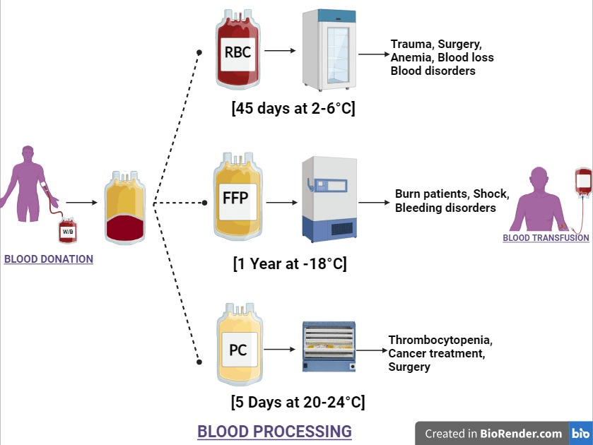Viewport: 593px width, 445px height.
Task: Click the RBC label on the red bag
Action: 237,52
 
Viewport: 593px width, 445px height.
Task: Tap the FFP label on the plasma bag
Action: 236,197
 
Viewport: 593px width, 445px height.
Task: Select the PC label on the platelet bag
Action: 238,349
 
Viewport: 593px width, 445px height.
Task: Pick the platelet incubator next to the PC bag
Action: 328,348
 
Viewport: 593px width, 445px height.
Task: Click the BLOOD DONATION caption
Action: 49,259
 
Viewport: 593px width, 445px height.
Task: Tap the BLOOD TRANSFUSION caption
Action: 546,238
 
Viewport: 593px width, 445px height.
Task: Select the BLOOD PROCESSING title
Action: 274,431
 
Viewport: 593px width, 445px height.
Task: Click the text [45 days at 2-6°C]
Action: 293,109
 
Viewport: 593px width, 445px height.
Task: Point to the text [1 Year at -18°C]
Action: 290,264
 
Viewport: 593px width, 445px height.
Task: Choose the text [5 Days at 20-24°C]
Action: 298,403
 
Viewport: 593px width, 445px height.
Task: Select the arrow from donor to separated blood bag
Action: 81,203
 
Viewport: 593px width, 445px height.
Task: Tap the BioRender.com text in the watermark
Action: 521,434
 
